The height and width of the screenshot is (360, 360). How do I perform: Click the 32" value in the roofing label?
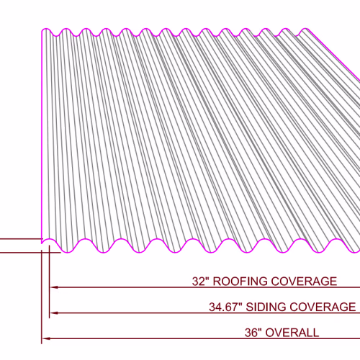click(x=200, y=281)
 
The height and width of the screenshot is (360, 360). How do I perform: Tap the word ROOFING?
click(x=240, y=282)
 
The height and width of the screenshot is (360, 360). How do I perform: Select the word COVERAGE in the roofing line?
click(x=304, y=282)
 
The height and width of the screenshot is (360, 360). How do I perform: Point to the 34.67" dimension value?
click(x=225, y=307)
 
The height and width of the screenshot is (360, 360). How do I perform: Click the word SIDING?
click(x=266, y=307)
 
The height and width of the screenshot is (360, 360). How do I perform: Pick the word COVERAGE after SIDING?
click(x=323, y=307)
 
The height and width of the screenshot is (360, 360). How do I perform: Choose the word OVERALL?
click(x=292, y=333)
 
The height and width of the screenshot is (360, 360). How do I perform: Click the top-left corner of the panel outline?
click(x=42, y=30)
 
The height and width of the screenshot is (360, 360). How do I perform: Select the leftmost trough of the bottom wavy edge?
click(x=68, y=252)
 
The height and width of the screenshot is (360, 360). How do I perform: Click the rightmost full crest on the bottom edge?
click(x=337, y=239)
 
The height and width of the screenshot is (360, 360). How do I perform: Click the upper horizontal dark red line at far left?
click(x=21, y=239)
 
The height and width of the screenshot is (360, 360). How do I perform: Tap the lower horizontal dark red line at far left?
click(x=30, y=253)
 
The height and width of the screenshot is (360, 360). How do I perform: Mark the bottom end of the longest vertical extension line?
click(x=42, y=344)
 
